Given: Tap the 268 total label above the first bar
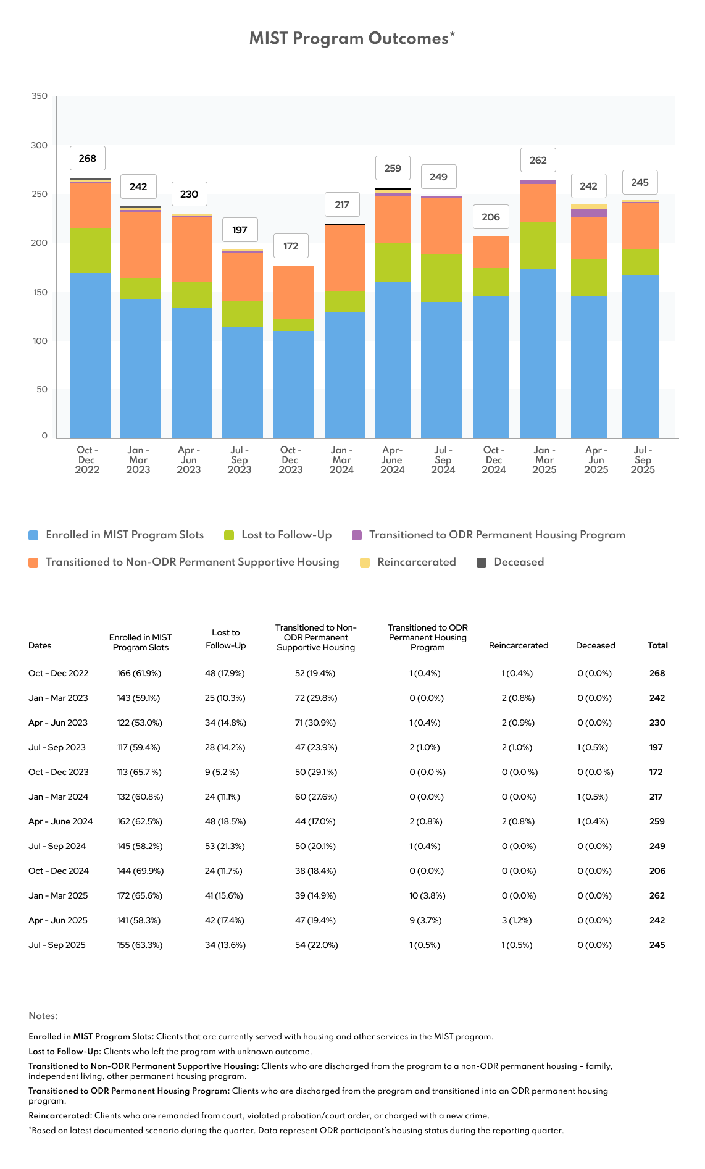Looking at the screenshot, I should (88, 159).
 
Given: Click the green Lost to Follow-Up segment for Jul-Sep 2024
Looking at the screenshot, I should (441, 278).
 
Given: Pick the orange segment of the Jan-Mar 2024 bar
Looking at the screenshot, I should (344, 258).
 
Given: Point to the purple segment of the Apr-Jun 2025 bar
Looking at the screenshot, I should (589, 213).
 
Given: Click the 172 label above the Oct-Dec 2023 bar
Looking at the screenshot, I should (291, 246).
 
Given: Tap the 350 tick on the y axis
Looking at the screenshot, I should (40, 96).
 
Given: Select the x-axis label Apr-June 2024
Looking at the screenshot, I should (392, 460).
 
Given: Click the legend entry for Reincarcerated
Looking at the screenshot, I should (416, 562).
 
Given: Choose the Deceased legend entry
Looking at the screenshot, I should (519, 562).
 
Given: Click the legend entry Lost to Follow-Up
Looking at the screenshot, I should (286, 535).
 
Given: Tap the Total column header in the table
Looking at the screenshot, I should (657, 645).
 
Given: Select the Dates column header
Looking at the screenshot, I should (40, 645).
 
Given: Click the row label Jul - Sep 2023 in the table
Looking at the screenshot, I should (57, 747).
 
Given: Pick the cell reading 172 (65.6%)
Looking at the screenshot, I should (140, 895).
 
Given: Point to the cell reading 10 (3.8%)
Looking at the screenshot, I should (427, 895).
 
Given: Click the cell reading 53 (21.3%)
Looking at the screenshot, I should (225, 846).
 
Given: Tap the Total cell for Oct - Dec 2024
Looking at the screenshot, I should (657, 871).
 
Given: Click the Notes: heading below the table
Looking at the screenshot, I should (43, 1016).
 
